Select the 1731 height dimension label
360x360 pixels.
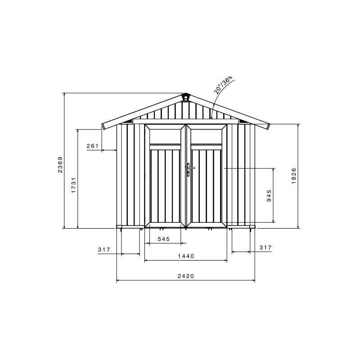pyautogui.click(x=74, y=185)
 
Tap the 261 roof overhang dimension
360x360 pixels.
pyautogui.click(x=92, y=146)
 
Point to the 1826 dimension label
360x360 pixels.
pyautogui.click(x=294, y=175)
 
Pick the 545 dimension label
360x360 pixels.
pyautogui.click(x=163, y=239)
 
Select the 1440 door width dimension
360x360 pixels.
pyautogui.click(x=185, y=256)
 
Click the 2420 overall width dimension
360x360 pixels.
pyautogui.click(x=185, y=276)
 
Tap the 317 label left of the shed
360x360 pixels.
pyautogui.click(x=104, y=249)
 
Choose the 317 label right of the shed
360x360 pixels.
pyautogui.click(x=265, y=247)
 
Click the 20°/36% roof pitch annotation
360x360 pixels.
pyautogui.click(x=224, y=85)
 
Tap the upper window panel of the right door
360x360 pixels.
pyautogui.click(x=207, y=136)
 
